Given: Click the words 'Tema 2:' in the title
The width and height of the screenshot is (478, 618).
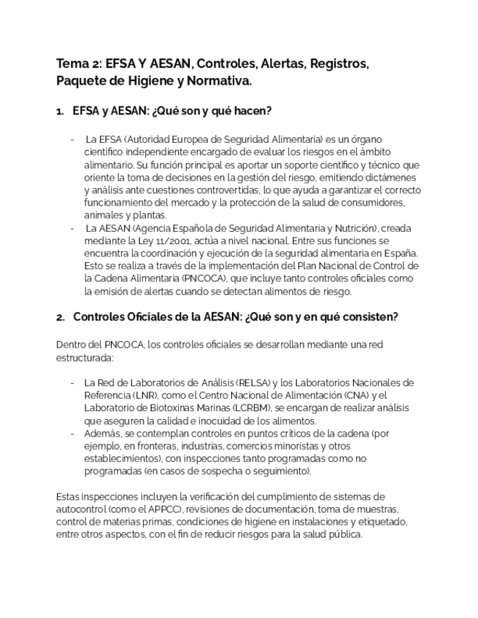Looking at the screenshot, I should click(79, 64).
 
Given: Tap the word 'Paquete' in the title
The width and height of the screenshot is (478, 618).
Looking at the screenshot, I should click(80, 82).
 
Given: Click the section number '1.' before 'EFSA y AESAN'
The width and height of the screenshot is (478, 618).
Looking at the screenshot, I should click(60, 112).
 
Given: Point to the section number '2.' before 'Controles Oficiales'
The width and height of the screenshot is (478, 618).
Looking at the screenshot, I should click(60, 317).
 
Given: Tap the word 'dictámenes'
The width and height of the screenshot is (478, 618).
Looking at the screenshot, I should click(390, 177).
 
